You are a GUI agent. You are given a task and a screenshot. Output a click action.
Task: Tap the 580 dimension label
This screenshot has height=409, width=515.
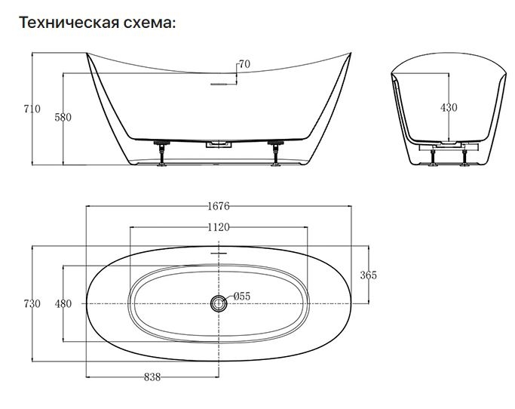63,117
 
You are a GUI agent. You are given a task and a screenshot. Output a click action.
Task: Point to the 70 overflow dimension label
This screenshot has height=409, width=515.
244,64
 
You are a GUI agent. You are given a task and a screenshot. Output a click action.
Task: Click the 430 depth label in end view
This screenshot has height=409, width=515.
448,108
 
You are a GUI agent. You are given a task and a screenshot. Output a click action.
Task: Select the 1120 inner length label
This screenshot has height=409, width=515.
218,226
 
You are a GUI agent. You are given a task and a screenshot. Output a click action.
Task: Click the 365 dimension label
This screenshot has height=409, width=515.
368,275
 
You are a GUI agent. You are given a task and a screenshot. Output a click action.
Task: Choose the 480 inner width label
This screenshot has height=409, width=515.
63,303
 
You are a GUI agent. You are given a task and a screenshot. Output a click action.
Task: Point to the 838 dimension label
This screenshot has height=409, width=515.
152,377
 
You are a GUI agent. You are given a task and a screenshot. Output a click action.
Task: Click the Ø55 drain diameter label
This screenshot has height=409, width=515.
241,297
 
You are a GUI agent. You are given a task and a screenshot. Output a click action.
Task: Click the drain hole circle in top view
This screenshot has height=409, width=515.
219,303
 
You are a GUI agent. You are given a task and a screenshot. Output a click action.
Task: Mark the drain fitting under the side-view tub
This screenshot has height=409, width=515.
219,143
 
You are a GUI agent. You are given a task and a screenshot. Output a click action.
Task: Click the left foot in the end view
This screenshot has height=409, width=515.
432,156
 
